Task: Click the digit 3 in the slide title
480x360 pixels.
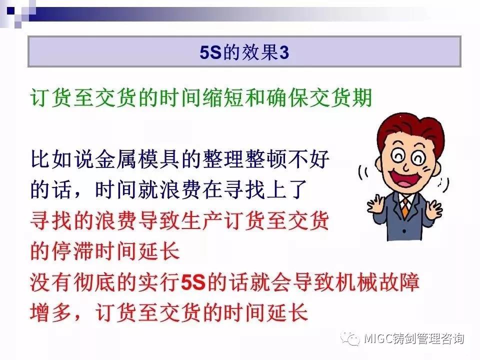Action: (x=284, y=52)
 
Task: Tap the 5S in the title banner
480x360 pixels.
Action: (x=210, y=52)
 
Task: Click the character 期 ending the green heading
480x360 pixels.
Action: (x=362, y=98)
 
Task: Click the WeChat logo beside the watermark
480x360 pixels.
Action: (x=350, y=338)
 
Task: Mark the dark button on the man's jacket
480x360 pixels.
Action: (x=404, y=231)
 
